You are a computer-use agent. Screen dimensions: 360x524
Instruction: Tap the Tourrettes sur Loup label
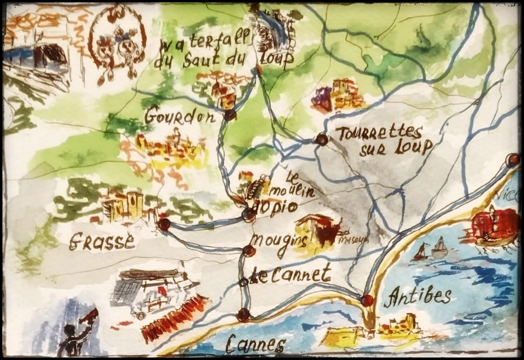click(381, 139)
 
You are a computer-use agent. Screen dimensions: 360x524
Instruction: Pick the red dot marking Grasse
click(164, 224)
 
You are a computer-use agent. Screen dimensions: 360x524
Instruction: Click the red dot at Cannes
click(244, 314)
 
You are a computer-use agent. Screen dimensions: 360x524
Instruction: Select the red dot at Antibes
click(367, 300)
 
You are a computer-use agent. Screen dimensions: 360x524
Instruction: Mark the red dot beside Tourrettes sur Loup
click(321, 139)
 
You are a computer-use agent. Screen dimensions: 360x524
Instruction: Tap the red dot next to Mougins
click(249, 250)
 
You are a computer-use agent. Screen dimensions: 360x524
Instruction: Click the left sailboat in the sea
click(421, 252)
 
